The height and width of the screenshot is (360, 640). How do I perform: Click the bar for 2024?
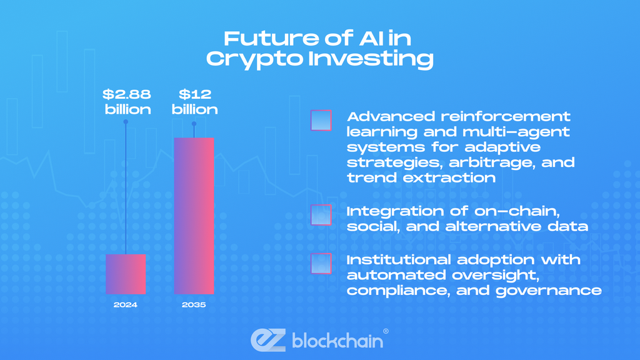(126, 274)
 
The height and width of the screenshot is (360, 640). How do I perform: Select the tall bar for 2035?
(194, 216)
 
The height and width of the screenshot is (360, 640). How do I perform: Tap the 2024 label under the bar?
(126, 306)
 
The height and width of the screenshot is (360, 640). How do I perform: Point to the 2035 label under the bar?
(194, 306)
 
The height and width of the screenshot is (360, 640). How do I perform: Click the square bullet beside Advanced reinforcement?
(321, 120)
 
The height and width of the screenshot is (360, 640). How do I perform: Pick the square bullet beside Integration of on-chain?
(321, 214)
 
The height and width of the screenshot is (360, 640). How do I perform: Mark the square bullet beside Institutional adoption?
(321, 262)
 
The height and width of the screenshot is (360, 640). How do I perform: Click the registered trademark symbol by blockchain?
(385, 331)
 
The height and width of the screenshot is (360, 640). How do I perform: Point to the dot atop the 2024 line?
(126, 122)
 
